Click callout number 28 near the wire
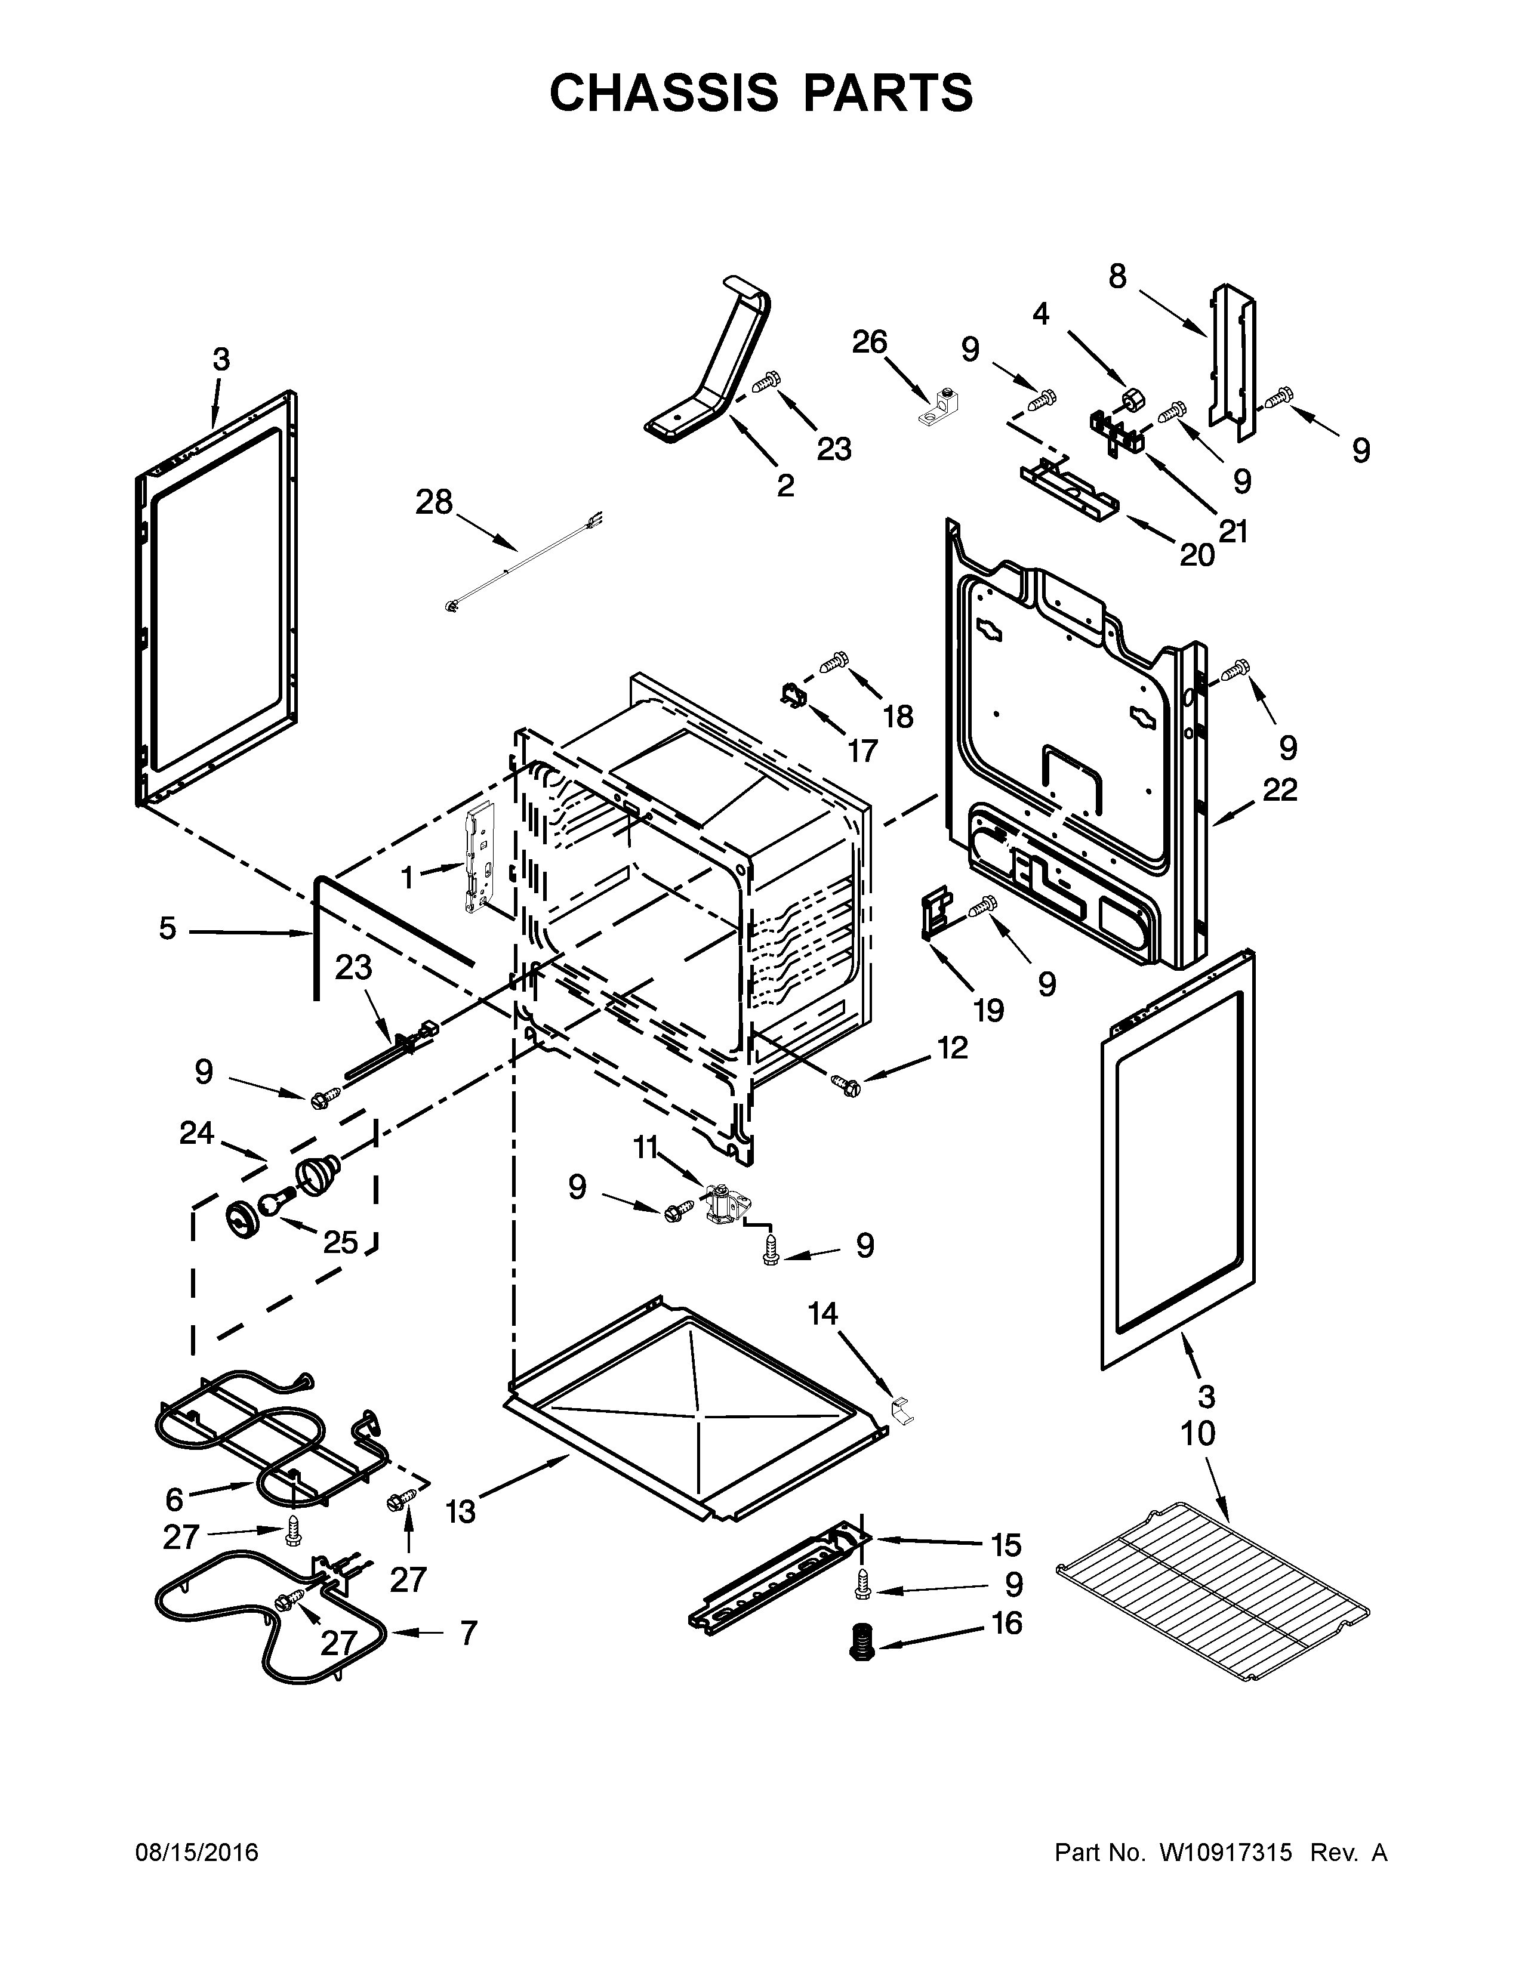tap(434, 502)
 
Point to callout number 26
tap(870, 342)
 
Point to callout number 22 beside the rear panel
tap(1280, 790)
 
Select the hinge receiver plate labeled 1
tap(478, 859)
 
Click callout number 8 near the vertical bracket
tap(1117, 277)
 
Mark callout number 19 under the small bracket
tap(988, 1010)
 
